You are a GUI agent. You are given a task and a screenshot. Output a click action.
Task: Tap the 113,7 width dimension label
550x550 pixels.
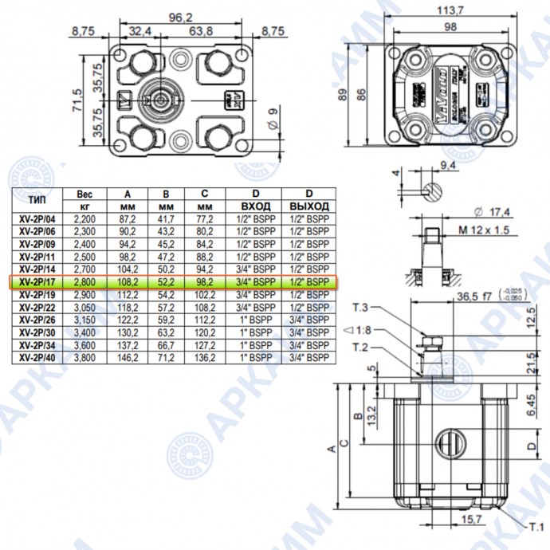[x=451, y=11]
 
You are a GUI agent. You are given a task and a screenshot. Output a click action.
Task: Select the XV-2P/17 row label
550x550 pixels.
[x=37, y=282]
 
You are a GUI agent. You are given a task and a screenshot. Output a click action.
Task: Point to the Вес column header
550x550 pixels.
[x=84, y=194]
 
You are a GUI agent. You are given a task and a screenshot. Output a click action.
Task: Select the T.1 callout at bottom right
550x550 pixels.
[x=534, y=527]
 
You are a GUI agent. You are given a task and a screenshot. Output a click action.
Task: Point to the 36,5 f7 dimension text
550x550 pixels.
[x=476, y=295]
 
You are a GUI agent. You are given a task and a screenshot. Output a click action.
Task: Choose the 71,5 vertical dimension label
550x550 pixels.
[x=77, y=101]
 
